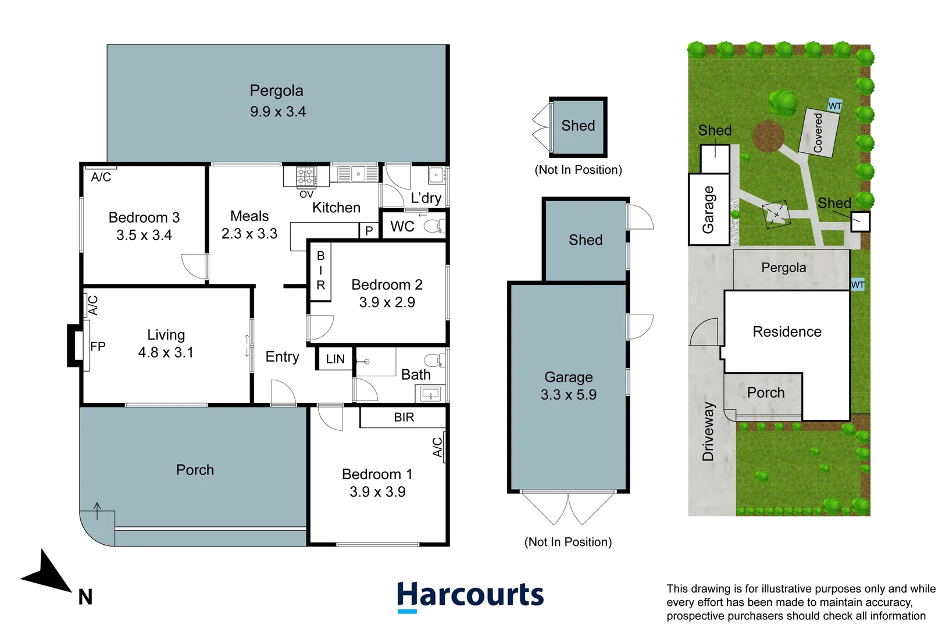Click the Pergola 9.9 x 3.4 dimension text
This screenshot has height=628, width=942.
click(x=278, y=112)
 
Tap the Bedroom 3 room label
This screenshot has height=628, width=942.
click(x=144, y=217)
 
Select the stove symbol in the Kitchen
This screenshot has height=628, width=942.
click(x=306, y=176)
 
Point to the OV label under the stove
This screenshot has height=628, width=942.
click(x=306, y=194)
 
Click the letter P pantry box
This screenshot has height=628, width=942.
click(x=369, y=231)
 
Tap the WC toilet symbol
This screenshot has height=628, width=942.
click(x=434, y=226)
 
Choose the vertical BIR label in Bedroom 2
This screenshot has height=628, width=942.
click(x=320, y=270)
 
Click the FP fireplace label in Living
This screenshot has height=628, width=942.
click(x=98, y=347)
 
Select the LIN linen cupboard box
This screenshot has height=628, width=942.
click(x=335, y=359)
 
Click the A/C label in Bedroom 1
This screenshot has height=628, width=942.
click(x=438, y=447)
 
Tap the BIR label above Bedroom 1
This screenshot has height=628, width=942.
click(x=404, y=417)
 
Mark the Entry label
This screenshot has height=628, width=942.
click(x=282, y=356)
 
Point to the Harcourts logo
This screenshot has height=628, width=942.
click(x=470, y=596)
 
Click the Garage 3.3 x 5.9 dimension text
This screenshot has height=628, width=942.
click(x=568, y=395)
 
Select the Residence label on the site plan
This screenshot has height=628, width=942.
click(x=787, y=331)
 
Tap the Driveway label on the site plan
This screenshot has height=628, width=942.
click(x=708, y=431)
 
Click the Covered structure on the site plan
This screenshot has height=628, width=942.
click(x=819, y=133)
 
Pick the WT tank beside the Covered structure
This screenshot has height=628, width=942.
click(x=835, y=105)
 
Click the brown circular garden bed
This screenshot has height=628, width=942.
click(x=768, y=136)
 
